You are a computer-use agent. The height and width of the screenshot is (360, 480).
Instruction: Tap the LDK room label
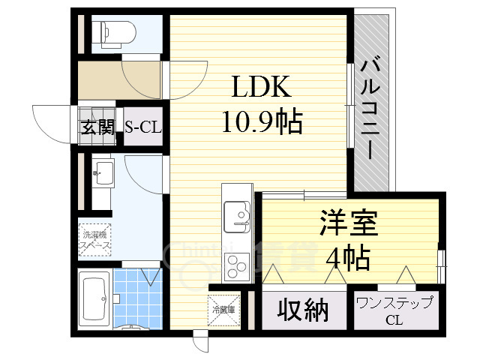259,88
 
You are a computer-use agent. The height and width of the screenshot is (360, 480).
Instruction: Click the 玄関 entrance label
97,127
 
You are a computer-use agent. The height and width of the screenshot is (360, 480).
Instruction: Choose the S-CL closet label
142,127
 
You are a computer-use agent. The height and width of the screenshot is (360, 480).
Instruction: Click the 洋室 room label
349,223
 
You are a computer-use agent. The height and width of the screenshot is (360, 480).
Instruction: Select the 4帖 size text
347,258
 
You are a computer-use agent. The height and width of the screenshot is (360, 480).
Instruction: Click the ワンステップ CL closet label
394,310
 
